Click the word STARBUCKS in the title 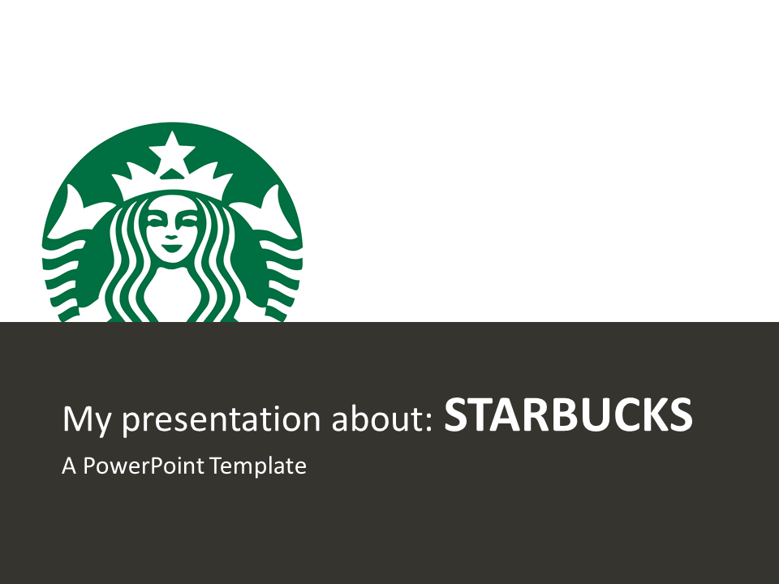point(568,414)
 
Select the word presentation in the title point(222,419)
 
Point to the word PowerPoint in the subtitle point(144,466)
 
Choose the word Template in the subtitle point(258,466)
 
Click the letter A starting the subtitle point(69,466)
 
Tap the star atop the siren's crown point(172,146)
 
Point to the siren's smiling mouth point(172,247)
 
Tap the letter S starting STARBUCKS point(455,414)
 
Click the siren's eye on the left point(155,219)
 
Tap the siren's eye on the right point(189,219)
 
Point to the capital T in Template point(217,466)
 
